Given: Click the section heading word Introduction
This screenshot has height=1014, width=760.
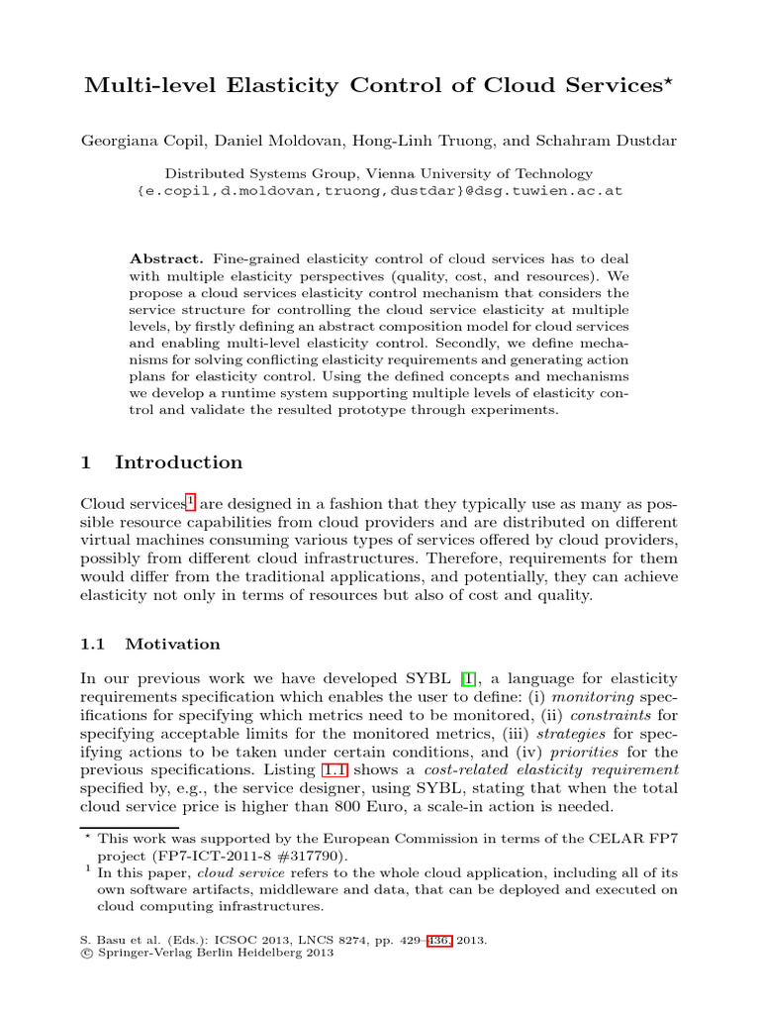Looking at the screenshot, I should (x=178, y=462).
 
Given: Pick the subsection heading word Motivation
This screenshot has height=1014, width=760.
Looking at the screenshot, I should (x=172, y=644).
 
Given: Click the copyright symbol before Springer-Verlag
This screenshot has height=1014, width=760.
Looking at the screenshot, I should (x=84, y=955).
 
